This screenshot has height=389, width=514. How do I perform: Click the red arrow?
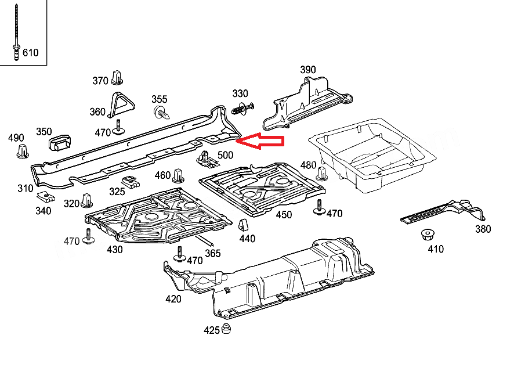coord(262,141)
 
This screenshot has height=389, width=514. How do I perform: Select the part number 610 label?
coord(30,53)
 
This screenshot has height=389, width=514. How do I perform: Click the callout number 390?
coord(307,70)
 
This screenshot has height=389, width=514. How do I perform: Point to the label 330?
coord(240,93)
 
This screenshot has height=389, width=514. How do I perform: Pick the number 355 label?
coord(160,99)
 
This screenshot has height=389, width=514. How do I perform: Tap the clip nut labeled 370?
coord(120,76)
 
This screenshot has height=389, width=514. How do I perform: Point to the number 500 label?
coord(225,156)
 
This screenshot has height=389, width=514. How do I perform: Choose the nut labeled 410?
coord(428,236)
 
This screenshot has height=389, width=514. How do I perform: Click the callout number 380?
coord(483,229)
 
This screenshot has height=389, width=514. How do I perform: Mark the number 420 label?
coord(173,299)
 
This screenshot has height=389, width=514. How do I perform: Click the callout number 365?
coord(213,253)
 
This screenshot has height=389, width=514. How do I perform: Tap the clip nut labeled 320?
coord(87,201)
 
